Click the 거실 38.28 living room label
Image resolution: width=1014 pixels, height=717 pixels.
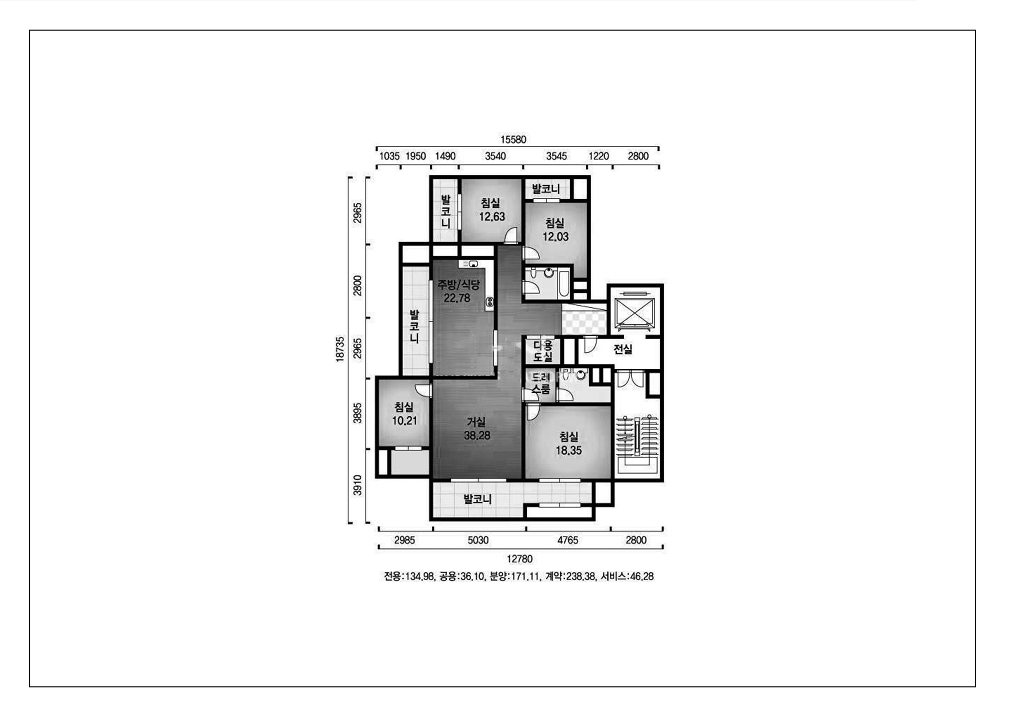click(477, 429)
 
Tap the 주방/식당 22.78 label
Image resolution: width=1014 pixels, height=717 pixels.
click(458, 291)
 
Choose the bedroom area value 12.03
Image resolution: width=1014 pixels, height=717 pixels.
click(556, 237)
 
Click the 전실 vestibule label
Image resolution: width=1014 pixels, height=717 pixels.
click(623, 350)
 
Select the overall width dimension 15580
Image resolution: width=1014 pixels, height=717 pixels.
click(513, 140)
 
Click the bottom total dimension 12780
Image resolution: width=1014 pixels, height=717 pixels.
click(520, 559)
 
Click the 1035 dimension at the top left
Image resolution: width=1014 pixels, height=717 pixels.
click(390, 156)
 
